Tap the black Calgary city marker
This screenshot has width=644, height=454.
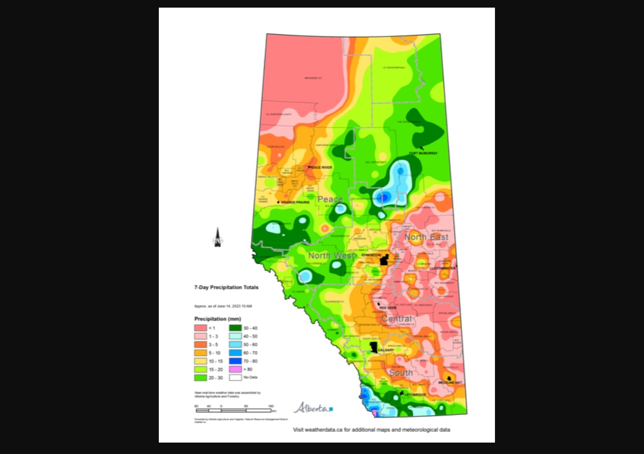[x=374, y=346]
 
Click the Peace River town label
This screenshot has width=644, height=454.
[x=320, y=167]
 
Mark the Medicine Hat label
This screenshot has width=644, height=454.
[x=450, y=382]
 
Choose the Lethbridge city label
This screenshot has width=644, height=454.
[x=414, y=394]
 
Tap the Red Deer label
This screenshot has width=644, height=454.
[x=387, y=308]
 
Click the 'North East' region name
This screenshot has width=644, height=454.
[x=426, y=237]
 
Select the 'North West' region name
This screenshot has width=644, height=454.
[x=331, y=256]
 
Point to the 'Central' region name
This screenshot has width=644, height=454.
[x=397, y=319]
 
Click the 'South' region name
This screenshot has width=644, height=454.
[x=400, y=373]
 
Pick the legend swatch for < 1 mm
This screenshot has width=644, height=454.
[x=201, y=328]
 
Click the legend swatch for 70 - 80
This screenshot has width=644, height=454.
[x=235, y=360]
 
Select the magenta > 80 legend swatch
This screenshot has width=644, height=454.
[x=235, y=369]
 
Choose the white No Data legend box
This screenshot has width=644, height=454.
[x=235, y=377]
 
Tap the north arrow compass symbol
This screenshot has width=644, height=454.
[x=218, y=238]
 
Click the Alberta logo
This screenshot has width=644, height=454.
[x=313, y=408]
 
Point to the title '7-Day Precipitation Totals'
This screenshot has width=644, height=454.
[x=219, y=287]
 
